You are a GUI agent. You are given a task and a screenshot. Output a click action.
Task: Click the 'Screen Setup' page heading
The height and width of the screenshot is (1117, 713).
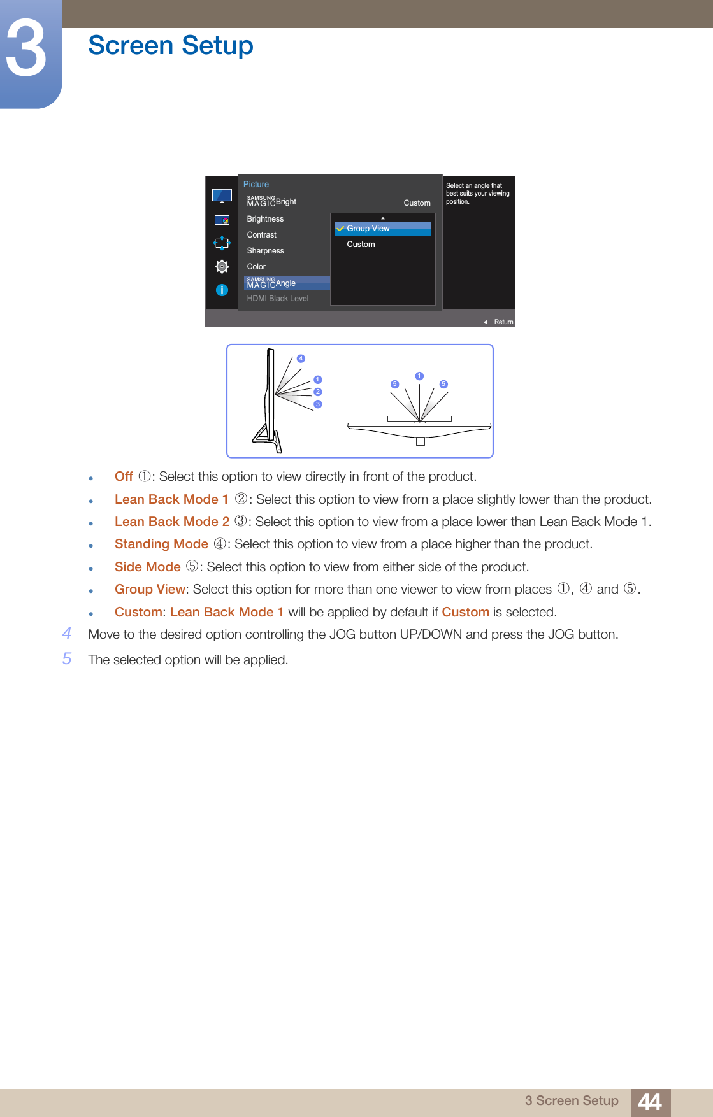point(170,46)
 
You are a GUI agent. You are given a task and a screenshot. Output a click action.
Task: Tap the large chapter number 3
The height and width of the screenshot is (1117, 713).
point(27,48)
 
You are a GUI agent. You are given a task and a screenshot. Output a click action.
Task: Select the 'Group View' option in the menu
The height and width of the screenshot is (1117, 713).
point(368,229)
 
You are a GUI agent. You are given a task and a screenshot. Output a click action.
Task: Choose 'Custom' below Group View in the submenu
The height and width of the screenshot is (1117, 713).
point(361,245)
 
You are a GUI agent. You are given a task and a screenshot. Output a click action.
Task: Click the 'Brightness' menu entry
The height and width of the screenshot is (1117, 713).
point(265,219)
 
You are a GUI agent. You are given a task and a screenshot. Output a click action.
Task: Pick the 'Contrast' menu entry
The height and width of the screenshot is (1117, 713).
point(261,235)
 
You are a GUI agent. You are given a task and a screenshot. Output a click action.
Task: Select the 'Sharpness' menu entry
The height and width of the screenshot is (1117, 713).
point(265,251)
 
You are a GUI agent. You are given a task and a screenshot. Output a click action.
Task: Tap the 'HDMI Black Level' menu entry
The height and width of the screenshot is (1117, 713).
point(277,299)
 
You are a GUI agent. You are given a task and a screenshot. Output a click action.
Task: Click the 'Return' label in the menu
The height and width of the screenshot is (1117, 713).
point(503,322)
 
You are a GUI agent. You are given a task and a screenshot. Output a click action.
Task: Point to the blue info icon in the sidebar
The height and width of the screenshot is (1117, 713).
point(222,290)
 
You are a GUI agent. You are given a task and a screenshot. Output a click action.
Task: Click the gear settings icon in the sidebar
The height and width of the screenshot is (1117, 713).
point(222,266)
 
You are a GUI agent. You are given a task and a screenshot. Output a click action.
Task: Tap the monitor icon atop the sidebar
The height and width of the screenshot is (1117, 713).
point(222,196)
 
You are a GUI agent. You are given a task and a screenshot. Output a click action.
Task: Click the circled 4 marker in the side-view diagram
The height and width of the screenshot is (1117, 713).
point(301,359)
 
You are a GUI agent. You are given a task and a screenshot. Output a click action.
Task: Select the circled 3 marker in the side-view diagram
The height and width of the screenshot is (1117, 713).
point(318,404)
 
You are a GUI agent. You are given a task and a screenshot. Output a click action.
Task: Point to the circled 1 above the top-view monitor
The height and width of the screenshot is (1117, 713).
point(419,376)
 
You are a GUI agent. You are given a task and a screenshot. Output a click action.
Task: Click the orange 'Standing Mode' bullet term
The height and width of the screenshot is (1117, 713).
point(161,544)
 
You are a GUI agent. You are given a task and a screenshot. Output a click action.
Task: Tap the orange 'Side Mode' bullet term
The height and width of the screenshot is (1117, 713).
point(147,567)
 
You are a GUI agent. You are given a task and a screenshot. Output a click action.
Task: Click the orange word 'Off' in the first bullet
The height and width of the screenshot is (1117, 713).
point(124,476)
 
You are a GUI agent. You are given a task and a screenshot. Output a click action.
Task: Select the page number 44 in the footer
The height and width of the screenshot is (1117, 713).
point(650,1102)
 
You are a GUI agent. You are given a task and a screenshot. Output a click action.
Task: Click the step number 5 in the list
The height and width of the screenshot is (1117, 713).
point(67,658)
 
